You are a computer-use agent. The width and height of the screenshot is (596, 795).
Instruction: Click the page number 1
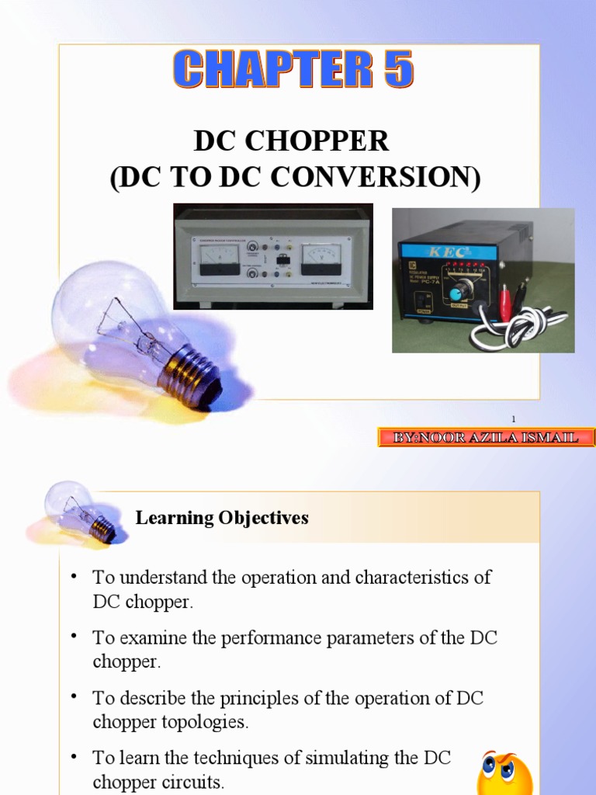513,418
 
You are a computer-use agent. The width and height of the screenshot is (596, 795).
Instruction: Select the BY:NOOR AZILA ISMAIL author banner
486,438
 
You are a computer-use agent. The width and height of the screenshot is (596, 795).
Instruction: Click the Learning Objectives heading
222,518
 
